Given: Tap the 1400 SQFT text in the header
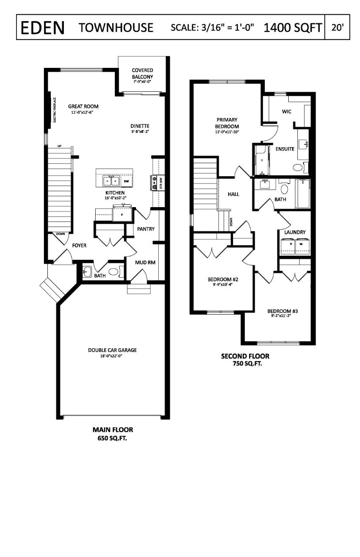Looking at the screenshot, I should pyautogui.click(x=292, y=28).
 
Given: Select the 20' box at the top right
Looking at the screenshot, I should pyautogui.click(x=337, y=28).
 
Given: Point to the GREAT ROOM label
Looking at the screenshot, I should pyautogui.click(x=83, y=107).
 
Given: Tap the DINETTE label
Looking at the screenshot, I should pyautogui.click(x=140, y=126).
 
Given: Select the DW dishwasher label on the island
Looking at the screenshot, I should pyautogui.click(x=127, y=181).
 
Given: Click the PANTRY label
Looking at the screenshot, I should pyautogui.click(x=146, y=229).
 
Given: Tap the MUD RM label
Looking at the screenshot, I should pyautogui.click(x=145, y=262).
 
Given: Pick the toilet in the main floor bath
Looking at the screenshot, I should pyautogui.click(x=113, y=272).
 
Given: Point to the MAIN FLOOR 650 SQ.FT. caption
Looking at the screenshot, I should pyautogui.click(x=113, y=434).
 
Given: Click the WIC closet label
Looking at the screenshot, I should pyautogui.click(x=286, y=112).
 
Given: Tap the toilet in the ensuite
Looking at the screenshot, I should pyautogui.click(x=298, y=168).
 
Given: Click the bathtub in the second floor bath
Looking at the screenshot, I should pyautogui.click(x=303, y=194).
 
